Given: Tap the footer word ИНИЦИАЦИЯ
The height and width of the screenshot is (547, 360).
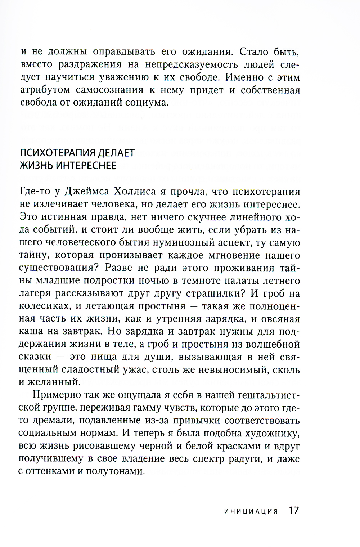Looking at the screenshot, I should coord(251,511).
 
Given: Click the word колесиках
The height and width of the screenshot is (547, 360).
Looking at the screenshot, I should coord(42,306).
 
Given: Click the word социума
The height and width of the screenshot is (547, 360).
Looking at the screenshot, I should coord(148,102).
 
